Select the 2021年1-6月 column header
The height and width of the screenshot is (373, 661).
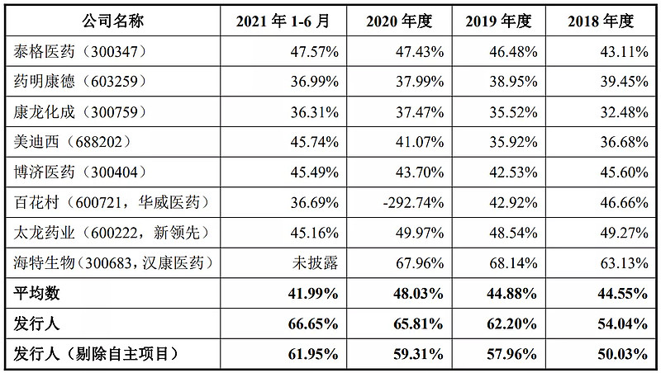coord(284,21)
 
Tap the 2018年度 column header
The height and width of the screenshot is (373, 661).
coord(602,21)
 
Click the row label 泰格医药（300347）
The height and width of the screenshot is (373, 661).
coord(80,51)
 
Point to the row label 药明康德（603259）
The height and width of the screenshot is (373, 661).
coord(80,81)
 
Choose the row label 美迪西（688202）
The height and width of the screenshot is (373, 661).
coord(74,141)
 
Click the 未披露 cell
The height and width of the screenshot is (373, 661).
coord(315,262)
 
